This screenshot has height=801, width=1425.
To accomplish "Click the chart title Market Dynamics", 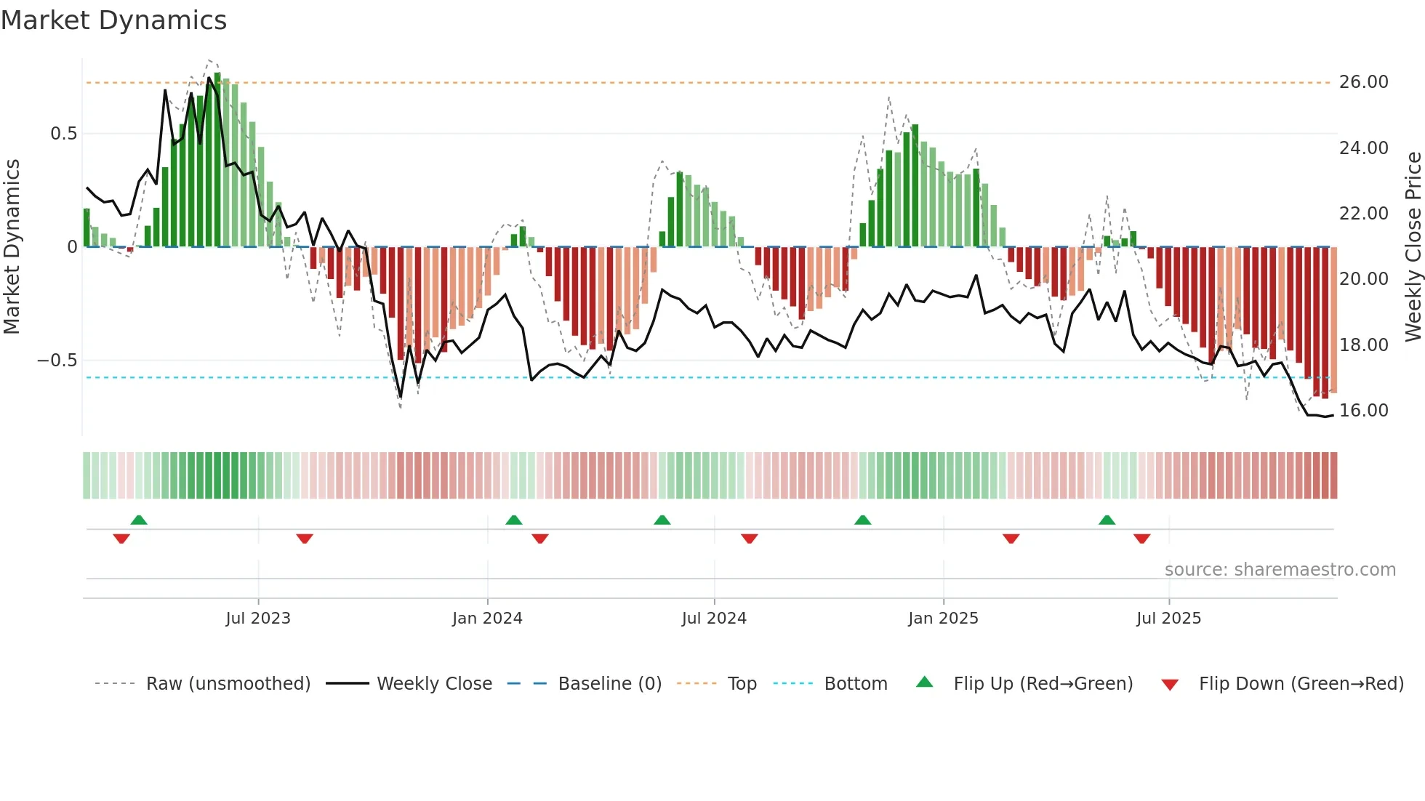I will (x=113, y=20).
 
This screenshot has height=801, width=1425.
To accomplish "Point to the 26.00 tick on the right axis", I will (x=1363, y=82).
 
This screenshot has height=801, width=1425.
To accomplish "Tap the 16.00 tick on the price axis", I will (x=1363, y=411).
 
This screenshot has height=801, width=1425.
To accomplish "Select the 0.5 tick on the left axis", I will (x=63, y=134).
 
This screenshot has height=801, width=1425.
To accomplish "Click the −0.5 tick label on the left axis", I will (x=57, y=361).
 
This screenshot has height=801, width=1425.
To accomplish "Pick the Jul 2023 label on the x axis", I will (x=258, y=619).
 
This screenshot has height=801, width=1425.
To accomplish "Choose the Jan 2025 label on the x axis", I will (x=943, y=619).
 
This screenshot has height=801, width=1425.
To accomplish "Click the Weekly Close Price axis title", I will (x=1413, y=246).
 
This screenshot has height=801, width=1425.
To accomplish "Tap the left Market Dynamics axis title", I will (x=12, y=246).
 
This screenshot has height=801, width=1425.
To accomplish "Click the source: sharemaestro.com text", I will (x=1280, y=570).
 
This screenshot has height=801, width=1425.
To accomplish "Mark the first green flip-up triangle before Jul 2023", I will (x=139, y=520).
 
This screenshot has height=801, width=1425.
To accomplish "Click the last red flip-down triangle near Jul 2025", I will (x=1141, y=539).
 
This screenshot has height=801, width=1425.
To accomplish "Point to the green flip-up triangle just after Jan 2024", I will (x=514, y=520).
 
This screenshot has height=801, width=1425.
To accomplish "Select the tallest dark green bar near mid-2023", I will (x=217, y=160).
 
